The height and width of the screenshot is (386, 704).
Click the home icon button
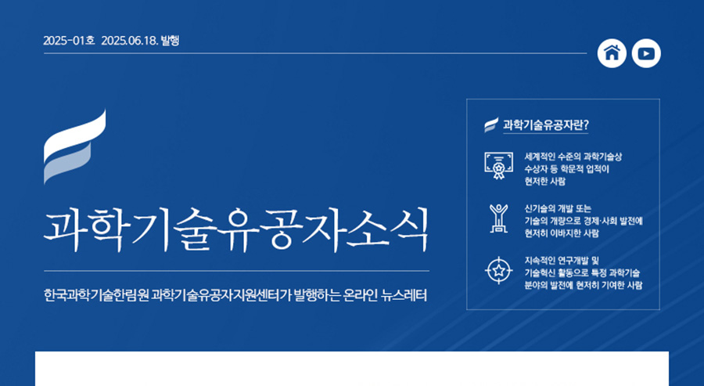tap(612, 53)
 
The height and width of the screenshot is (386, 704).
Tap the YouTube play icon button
tap(646, 53)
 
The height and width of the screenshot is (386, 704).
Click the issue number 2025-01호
tap(69, 41)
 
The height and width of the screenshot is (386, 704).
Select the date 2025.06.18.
tap(130, 41)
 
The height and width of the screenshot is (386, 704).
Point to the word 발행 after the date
tap(171, 41)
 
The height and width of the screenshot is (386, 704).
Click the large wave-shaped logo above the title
tap(75, 146)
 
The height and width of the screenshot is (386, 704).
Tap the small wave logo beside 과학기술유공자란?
tap(491, 125)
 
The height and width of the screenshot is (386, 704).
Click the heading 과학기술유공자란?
tap(545, 125)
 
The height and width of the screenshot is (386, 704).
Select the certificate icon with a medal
tap(498, 166)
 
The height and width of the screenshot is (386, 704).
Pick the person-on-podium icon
tap(498, 218)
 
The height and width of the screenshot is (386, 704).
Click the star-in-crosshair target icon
tap(498, 271)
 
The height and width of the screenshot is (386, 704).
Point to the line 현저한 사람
tap(544, 182)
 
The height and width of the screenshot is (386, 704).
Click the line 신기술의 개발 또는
tap(558, 208)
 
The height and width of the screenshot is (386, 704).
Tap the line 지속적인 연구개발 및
tap(562, 260)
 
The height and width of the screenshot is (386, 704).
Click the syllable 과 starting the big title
tap(64, 229)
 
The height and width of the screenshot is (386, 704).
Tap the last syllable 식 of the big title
tap(408, 229)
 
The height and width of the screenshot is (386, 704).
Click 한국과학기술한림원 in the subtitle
tap(96, 296)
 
